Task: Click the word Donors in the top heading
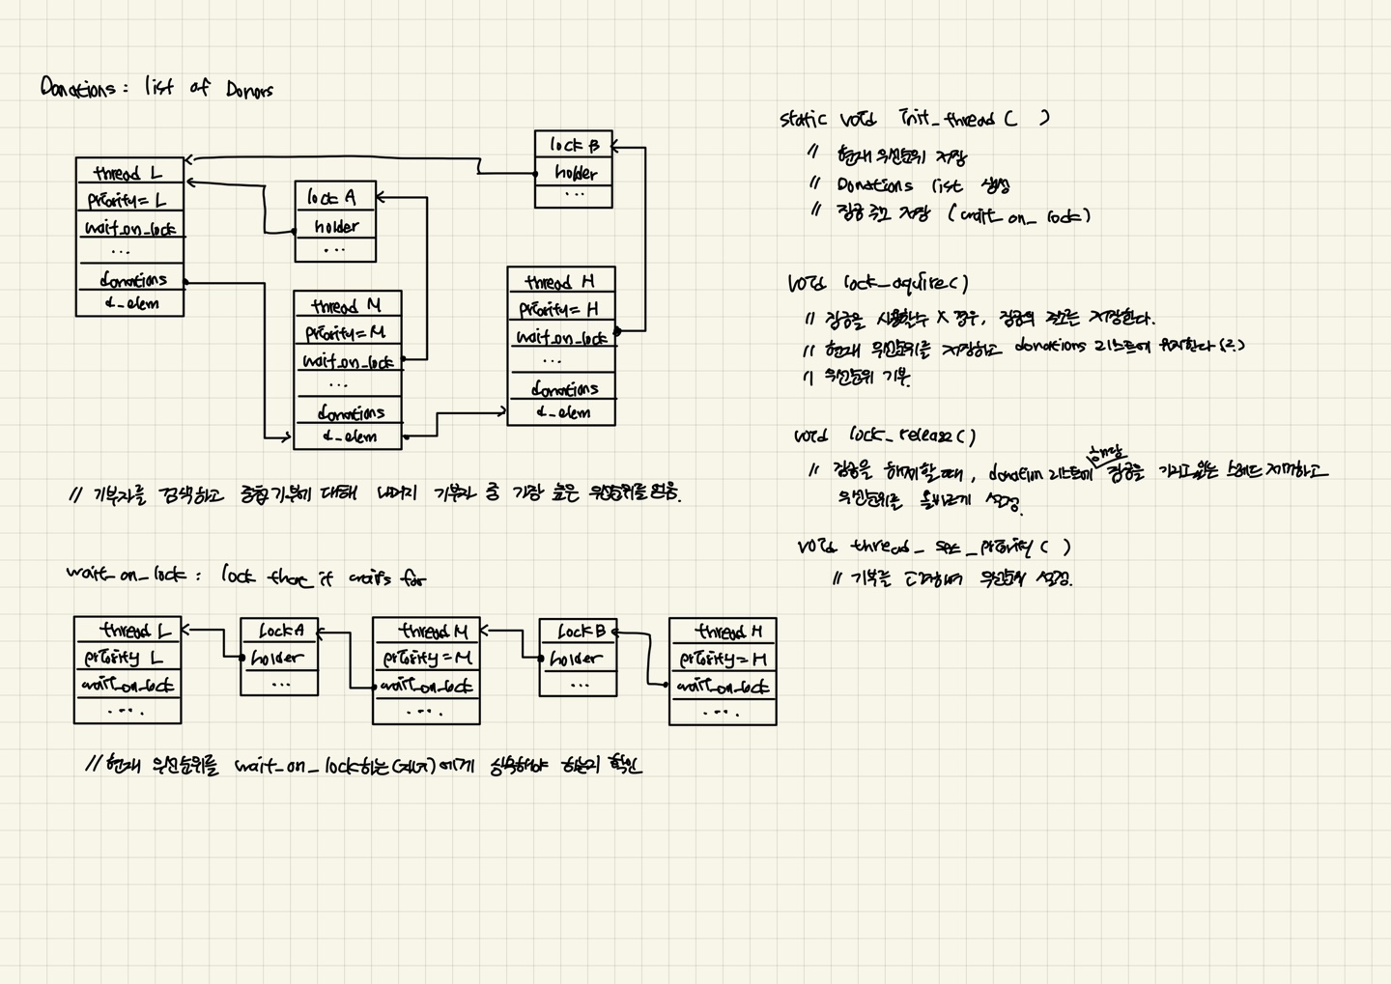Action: tap(249, 90)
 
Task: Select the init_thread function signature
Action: tap(913, 119)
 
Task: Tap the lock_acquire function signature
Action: tap(877, 284)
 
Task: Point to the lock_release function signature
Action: tap(884, 436)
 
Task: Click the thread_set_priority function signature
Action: tap(933, 548)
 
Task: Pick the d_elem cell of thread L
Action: tap(130, 304)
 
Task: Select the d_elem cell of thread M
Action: tap(349, 436)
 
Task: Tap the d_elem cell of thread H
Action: tap(562, 412)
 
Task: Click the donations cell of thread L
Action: tap(131, 280)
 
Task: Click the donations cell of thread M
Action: tap(350, 413)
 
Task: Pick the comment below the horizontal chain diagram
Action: tap(363, 766)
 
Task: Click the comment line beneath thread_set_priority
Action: tap(951, 579)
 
